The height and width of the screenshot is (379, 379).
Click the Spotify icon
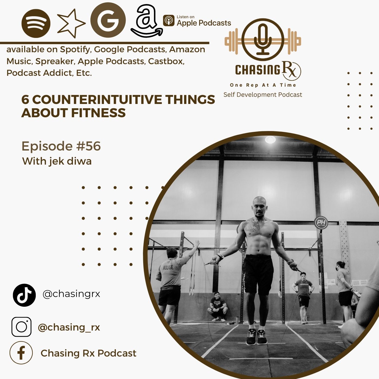pos(36,23)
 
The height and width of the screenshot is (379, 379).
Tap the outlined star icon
pos(71,23)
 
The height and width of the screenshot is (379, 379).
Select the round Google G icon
pos(108,20)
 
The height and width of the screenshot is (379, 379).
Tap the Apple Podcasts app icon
pos(169,21)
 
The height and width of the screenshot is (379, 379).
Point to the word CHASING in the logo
pos(258,70)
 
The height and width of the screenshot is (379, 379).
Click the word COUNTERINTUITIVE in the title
pos(97,100)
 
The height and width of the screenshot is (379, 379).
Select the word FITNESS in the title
pos(98,113)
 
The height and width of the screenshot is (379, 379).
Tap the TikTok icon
pos(24,295)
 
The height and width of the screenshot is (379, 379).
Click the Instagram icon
pos(21,327)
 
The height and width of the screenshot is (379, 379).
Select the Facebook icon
pos(21,353)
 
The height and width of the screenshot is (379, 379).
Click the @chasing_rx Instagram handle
pos(69,328)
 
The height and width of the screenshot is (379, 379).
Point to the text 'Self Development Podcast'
pos(263,94)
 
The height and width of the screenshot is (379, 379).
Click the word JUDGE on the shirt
pos(168,267)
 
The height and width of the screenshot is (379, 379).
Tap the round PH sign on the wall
pos(321,223)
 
